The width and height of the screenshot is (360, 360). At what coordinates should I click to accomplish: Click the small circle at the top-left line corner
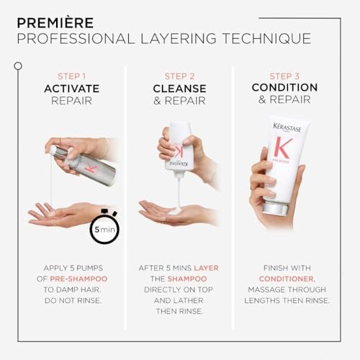[17, 66]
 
